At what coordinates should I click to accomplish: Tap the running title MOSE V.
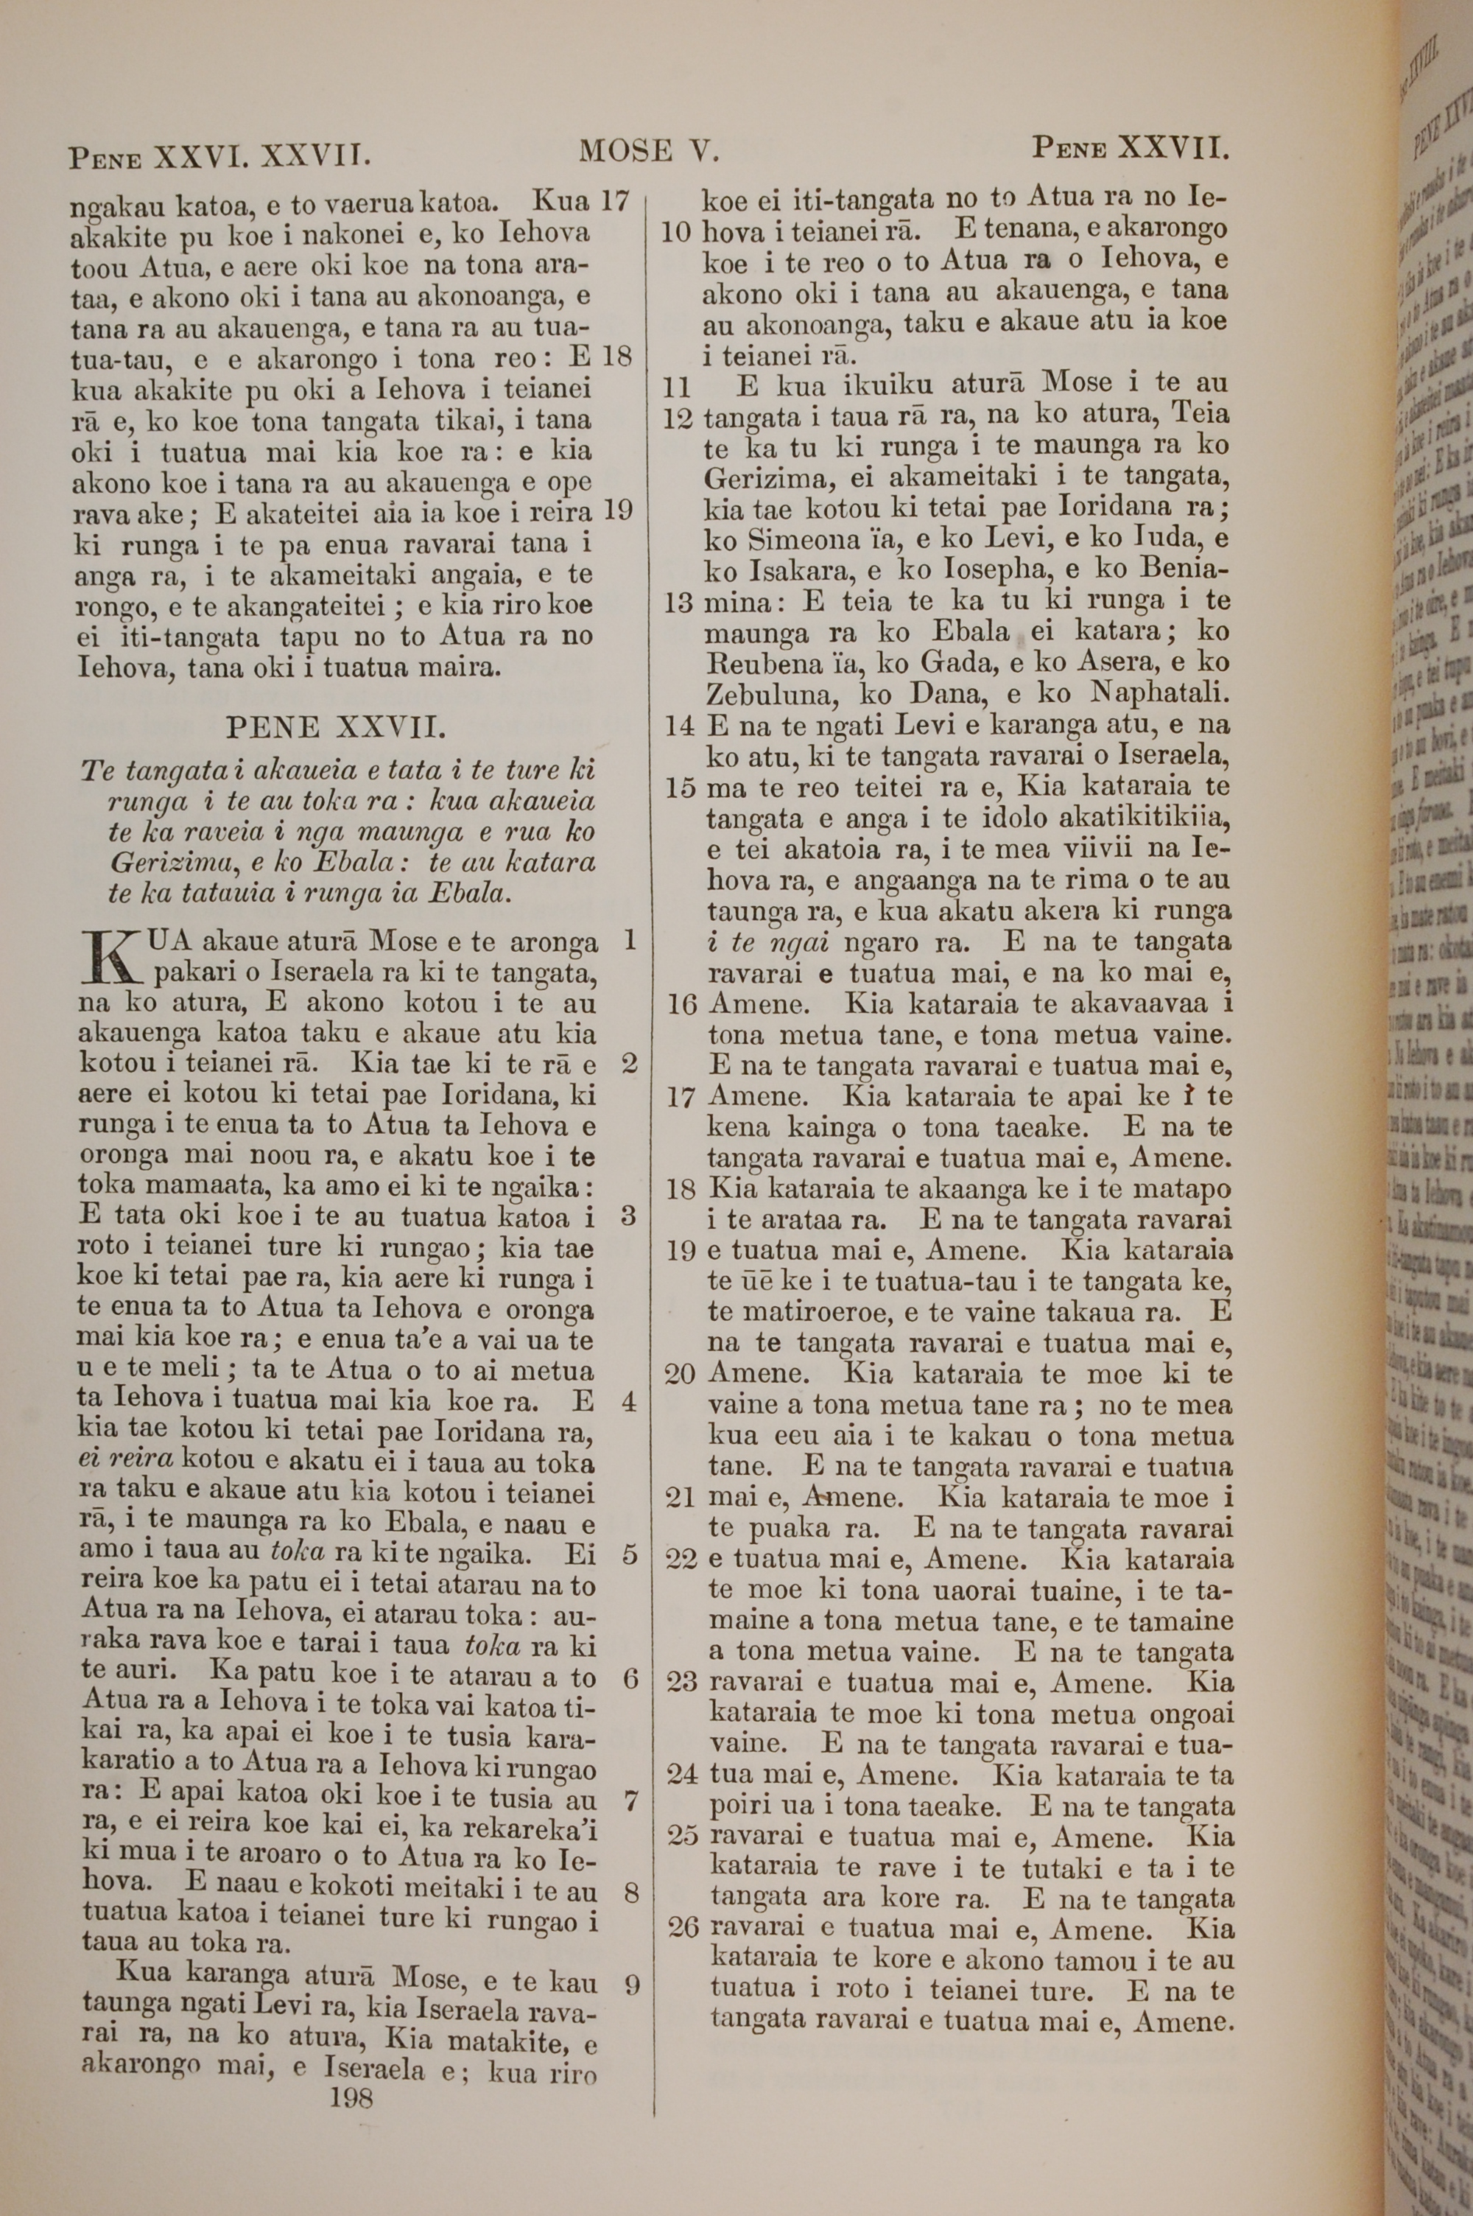pos(648,150)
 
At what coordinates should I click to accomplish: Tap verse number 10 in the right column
pos(676,232)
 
